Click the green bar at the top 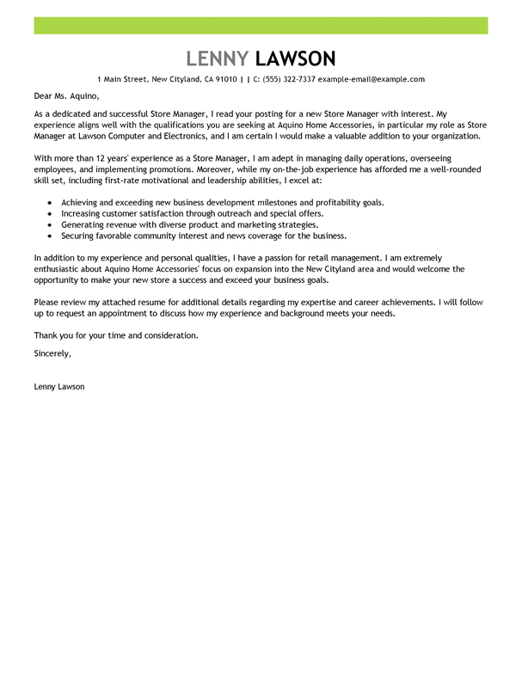[x=261, y=25]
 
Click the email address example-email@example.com [x=372, y=79]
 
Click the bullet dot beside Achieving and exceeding [x=51, y=203]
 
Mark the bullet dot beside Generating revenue [x=51, y=224]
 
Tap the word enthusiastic [x=61, y=269]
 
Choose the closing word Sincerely [x=52, y=353]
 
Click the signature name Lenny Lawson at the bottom [x=59, y=387]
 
